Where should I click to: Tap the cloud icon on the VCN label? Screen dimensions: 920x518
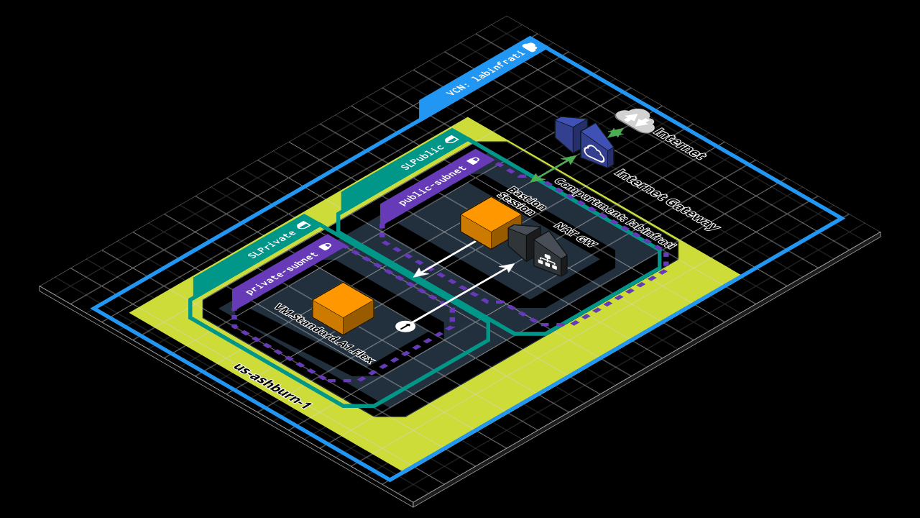[x=530, y=47]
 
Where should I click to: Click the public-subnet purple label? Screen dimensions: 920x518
[x=431, y=186]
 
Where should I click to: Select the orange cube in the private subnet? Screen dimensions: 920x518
[x=343, y=307]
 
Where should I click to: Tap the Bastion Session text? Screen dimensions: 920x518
[x=522, y=201]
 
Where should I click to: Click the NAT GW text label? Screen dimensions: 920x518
[x=575, y=235]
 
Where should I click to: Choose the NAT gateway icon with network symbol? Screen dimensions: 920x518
[x=550, y=256]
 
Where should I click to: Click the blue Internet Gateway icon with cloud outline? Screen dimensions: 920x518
[x=595, y=147]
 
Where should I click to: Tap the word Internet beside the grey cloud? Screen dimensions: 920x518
[x=679, y=142]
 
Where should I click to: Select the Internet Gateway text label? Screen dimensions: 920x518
[x=666, y=199]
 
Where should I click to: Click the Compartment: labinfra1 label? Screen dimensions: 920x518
[x=615, y=213]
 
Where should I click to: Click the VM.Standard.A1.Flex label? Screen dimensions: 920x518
[x=323, y=333]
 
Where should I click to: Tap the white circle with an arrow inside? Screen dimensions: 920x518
[x=405, y=327]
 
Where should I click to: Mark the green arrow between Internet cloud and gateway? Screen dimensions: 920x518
[x=616, y=132]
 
